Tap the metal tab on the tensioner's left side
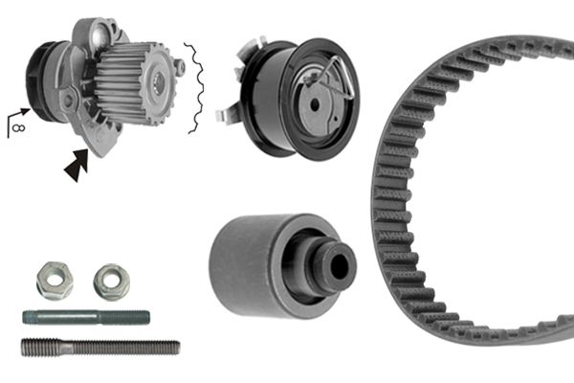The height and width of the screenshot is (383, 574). pyautogui.click(x=226, y=114)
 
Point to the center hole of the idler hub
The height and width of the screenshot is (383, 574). pyautogui.click(x=337, y=260)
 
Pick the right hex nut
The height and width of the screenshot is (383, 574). pyautogui.click(x=111, y=281)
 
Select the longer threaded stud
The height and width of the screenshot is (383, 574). pyautogui.click(x=99, y=347)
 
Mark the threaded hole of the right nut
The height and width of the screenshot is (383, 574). pyautogui.click(x=112, y=279)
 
